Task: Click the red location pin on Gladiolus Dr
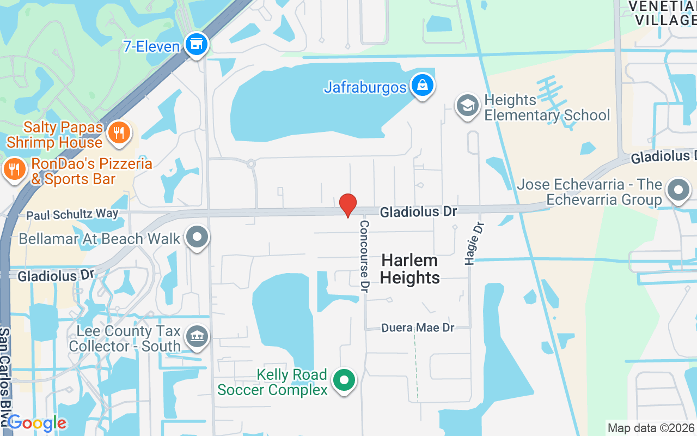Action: pos(348,205)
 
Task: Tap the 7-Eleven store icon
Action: pos(196,45)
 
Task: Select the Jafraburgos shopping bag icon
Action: pos(422,86)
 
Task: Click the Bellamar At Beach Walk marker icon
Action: pos(197,238)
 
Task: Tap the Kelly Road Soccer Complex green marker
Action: pos(344,380)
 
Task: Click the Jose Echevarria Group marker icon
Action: pos(678,191)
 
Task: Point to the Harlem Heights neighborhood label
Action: pos(409,269)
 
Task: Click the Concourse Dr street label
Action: pos(364,256)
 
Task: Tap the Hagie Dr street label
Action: pos(472,243)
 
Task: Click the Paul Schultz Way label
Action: pos(72,214)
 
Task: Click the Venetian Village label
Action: pos(662,13)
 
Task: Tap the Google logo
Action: pos(37,423)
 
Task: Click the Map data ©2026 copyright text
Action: pos(651,428)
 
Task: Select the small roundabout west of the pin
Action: pos(250,163)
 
